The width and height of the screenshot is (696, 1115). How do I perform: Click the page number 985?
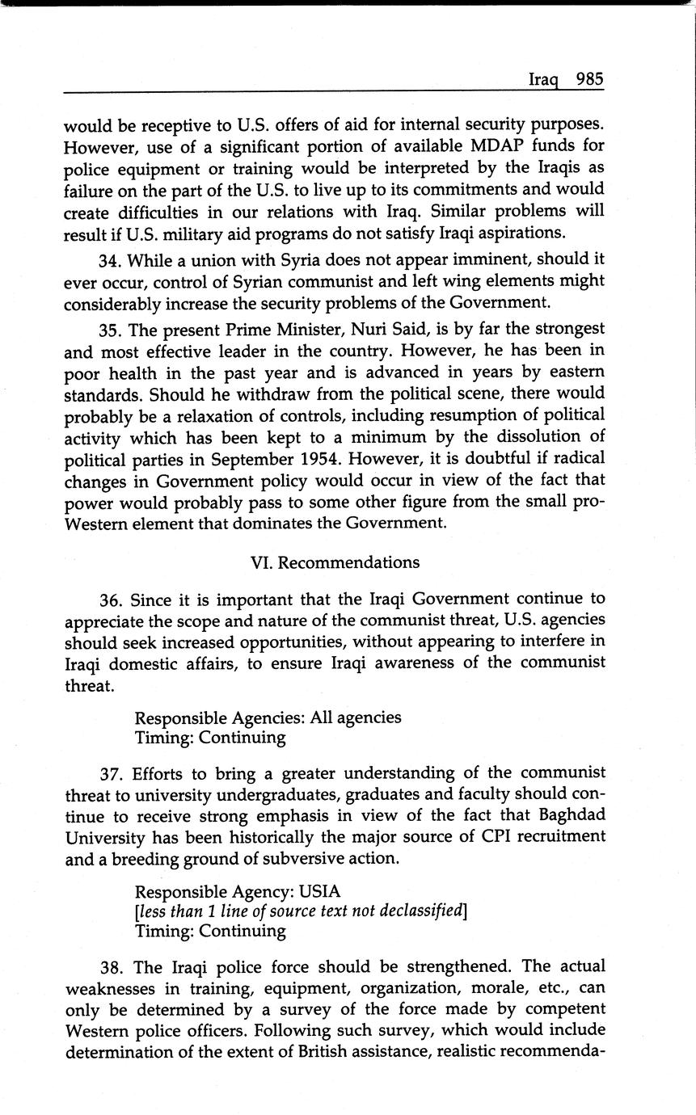589,79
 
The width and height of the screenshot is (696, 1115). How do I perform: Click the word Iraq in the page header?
545,80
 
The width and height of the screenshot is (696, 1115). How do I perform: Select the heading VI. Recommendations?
335,562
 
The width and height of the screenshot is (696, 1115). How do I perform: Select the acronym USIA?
319,892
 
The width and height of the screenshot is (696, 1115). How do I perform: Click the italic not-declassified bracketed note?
301,911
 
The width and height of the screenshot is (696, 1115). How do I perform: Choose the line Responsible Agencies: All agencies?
268,717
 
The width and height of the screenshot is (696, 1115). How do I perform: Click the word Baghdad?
568,815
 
